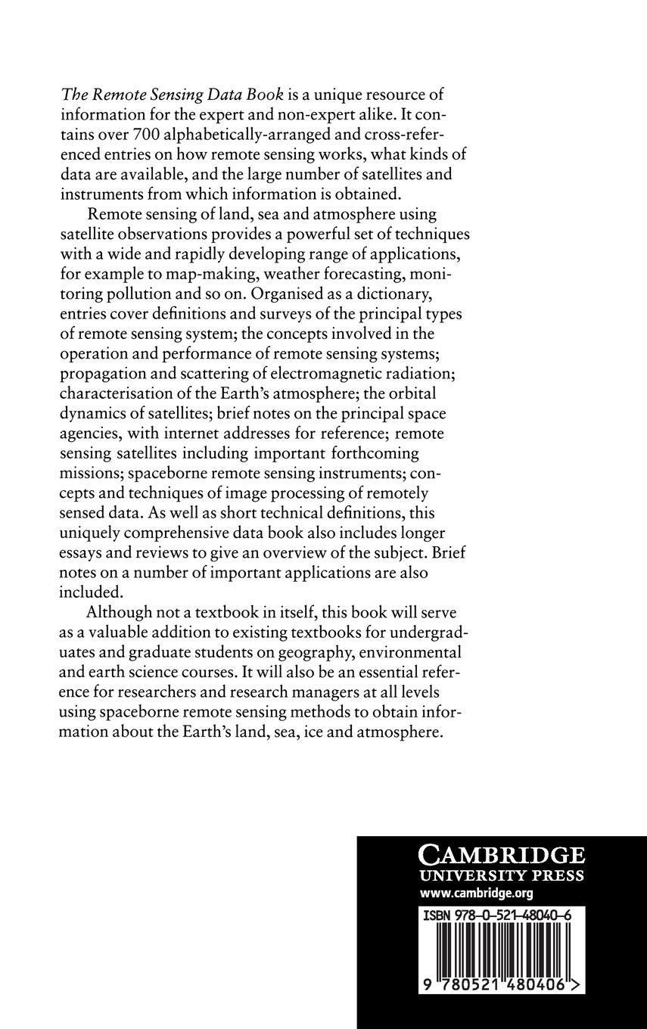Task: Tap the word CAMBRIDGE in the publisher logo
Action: click(x=502, y=856)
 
